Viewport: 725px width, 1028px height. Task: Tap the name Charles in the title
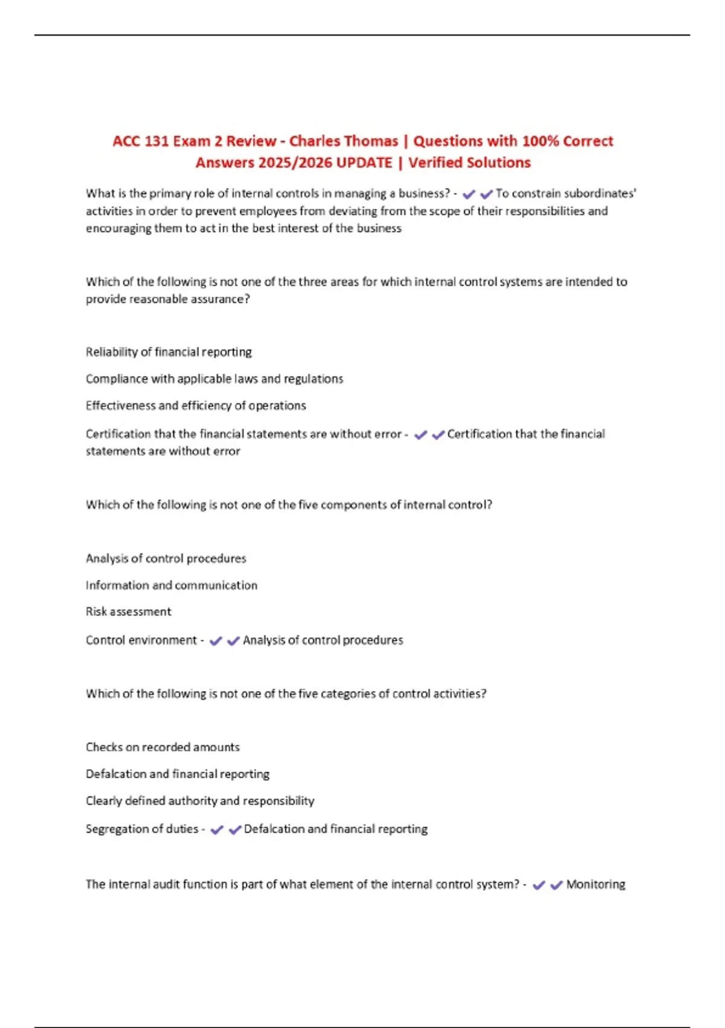(x=313, y=142)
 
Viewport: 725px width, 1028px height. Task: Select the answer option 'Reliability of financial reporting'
(x=169, y=352)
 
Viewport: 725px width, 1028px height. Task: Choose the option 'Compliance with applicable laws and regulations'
(x=214, y=379)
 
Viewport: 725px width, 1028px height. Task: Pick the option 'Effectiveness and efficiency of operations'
(x=196, y=405)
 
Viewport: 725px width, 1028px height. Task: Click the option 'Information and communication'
(x=172, y=585)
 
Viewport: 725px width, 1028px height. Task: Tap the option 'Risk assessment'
(x=129, y=611)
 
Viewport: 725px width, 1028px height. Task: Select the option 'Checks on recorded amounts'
(x=163, y=747)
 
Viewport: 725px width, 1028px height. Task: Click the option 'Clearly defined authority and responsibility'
(x=200, y=801)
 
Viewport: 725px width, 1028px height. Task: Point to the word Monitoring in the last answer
(x=596, y=884)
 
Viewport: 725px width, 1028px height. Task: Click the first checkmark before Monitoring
(x=539, y=885)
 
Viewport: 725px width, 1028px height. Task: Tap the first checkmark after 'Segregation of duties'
(x=217, y=830)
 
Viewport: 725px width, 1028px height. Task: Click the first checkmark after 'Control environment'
(x=216, y=641)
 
